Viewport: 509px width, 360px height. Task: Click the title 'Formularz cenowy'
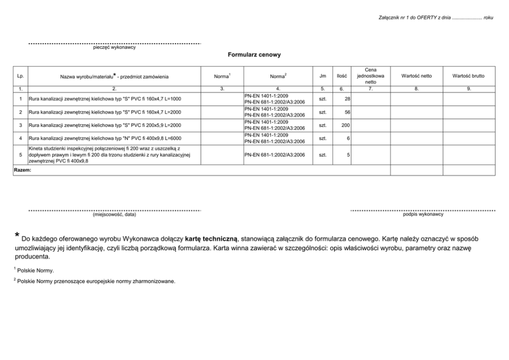(x=254, y=54)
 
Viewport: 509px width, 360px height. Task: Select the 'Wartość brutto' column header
(x=468, y=76)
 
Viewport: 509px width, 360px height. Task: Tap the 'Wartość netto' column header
(x=416, y=76)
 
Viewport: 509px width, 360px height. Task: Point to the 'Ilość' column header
(x=341, y=76)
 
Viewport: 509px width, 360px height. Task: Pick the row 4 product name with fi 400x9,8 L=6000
(x=105, y=138)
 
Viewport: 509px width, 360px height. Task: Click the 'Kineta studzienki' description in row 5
(x=109, y=155)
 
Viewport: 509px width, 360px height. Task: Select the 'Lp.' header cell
(x=21, y=76)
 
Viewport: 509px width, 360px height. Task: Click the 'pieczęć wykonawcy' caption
(x=114, y=48)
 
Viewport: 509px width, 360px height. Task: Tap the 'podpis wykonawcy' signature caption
(x=423, y=214)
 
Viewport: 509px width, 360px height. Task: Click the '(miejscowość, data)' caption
(x=114, y=215)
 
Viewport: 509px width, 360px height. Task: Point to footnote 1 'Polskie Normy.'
(x=35, y=270)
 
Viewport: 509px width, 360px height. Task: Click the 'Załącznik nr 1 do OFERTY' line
(x=435, y=17)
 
